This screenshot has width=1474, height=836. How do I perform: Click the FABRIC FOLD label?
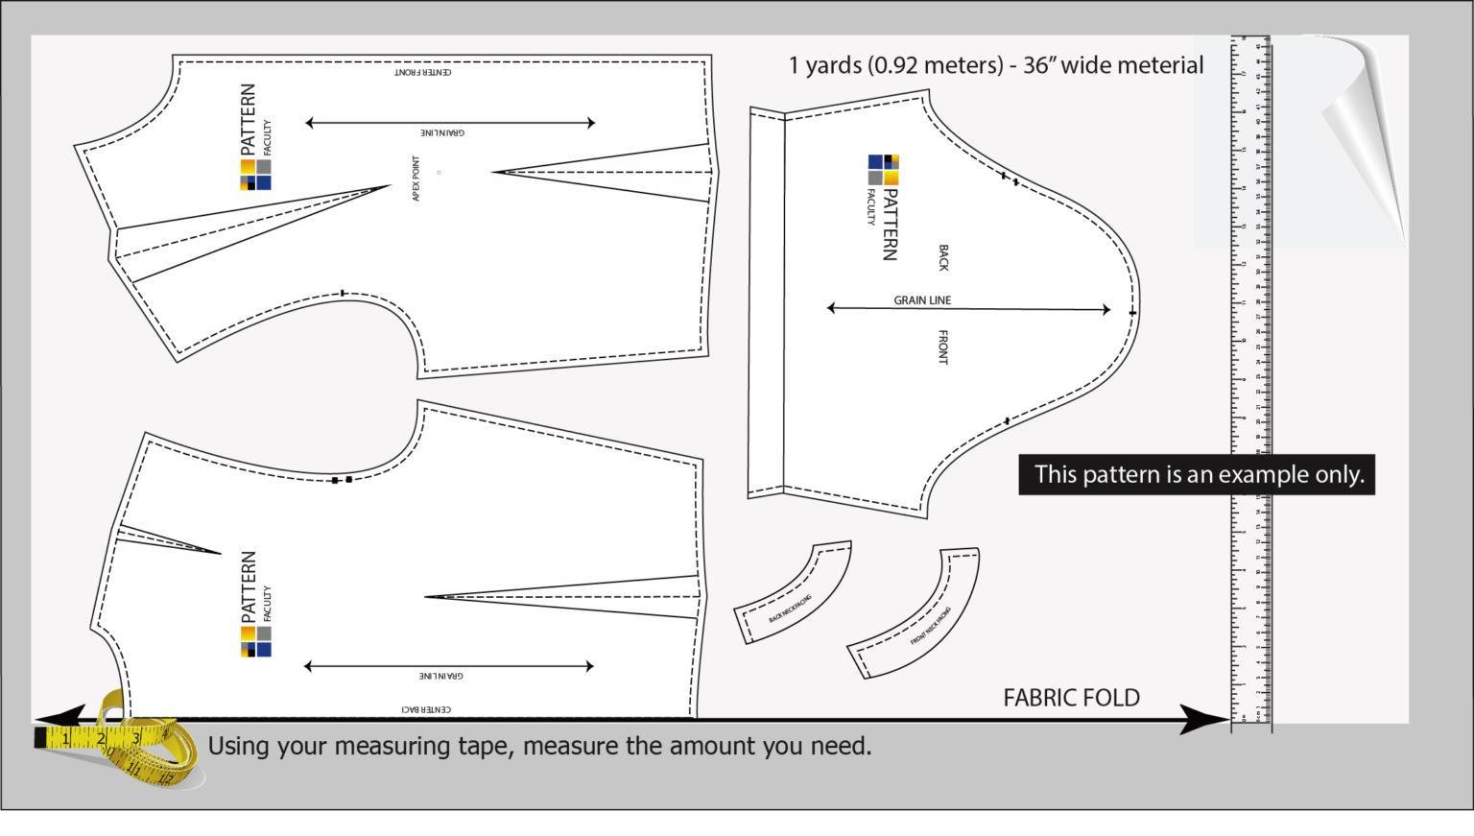pos(1071,698)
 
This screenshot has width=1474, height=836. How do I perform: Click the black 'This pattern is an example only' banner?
pos(1197,475)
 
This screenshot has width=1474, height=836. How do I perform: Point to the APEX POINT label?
pos(416,178)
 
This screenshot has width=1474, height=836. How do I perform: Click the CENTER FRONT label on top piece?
pos(423,72)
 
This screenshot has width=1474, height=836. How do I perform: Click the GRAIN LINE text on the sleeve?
pos(922,300)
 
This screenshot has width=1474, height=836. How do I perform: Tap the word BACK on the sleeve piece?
pos(942,258)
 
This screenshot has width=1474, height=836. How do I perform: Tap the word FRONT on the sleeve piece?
pos(942,347)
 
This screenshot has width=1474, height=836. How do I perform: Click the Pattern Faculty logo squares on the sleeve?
pos(883,170)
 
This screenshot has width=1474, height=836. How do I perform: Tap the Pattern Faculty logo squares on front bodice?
pos(255,175)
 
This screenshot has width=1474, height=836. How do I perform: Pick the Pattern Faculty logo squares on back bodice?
pos(255,641)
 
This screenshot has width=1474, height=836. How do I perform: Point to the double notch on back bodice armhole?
pos(342,479)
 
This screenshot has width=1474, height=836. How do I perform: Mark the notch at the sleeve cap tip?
pos(1132,313)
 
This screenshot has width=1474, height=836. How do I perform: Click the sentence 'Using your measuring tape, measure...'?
pos(539,746)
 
